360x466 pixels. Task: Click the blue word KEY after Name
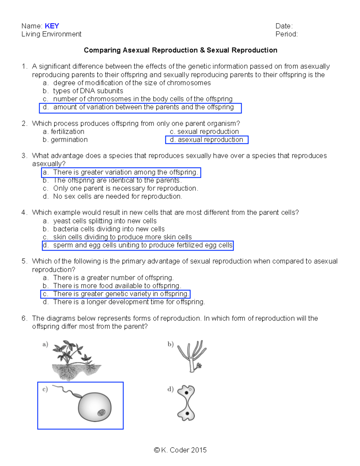[x=52, y=26]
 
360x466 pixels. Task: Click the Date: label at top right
[x=284, y=26]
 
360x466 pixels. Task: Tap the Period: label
[x=286, y=34]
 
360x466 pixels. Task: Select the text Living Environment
[x=51, y=34]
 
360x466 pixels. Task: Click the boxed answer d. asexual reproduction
[x=207, y=140]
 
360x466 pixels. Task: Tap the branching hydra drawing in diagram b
[x=192, y=356]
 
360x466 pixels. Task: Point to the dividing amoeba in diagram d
[x=186, y=403]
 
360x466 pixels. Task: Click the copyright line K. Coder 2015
[x=180, y=450]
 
